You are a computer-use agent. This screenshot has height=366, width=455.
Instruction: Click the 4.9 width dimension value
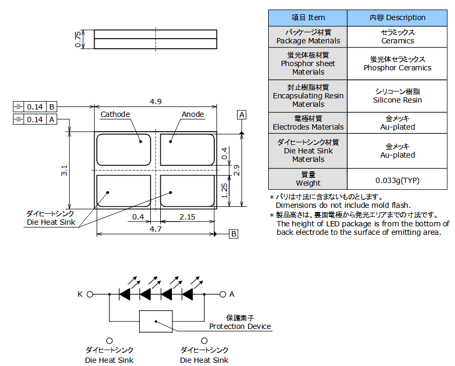coord(156,102)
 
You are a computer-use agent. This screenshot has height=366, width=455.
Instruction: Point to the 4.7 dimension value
coord(156,228)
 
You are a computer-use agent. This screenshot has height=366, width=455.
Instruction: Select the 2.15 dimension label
coord(187,217)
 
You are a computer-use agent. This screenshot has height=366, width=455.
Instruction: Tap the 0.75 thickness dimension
coord(78,40)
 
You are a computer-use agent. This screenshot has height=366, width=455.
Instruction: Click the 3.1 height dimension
coord(64,170)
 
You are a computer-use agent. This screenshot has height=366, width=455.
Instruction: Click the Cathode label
coord(115,114)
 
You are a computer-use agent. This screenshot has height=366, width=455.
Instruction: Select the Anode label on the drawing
coord(193,114)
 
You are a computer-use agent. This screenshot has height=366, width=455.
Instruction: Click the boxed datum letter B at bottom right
coord(234,234)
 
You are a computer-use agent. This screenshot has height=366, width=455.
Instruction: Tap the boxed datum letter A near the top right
coord(242,115)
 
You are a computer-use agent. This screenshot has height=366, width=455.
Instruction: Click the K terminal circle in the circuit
coord(90,294)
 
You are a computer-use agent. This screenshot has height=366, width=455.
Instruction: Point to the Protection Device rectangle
coord(156,321)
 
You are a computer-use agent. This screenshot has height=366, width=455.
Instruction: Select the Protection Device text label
coord(240,326)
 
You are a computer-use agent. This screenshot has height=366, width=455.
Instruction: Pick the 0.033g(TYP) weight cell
coord(397,180)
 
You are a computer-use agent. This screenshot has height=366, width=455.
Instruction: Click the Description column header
coord(397,17)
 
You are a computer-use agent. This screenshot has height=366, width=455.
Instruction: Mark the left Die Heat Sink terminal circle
coord(110,341)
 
